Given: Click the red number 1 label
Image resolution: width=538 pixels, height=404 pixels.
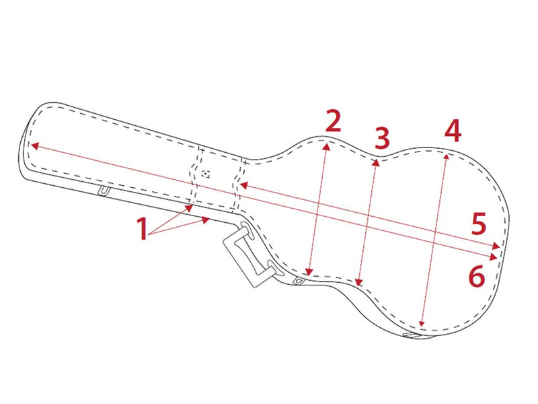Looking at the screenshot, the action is click(142, 228).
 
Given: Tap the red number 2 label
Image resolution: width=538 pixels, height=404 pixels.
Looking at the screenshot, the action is click(333, 121).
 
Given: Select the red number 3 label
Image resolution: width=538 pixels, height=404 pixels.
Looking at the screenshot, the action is click(382, 138).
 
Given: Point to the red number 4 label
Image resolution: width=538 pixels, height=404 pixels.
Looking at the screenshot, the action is click(453, 131).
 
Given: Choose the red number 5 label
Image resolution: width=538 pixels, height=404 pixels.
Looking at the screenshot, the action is click(479, 224).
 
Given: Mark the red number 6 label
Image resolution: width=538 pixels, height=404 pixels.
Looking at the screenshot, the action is click(477, 275).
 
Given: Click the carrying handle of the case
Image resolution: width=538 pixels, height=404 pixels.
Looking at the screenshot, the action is click(248, 254).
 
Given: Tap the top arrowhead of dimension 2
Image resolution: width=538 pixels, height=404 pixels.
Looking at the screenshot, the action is click(327, 147).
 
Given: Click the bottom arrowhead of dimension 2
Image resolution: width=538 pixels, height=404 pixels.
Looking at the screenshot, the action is click(309, 272).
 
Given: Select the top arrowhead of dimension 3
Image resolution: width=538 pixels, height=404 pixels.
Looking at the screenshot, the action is click(377, 162).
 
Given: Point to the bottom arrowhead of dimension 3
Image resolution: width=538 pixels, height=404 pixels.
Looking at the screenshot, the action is click(358, 282).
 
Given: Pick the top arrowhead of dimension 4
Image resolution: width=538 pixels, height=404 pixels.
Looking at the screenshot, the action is click(446, 157).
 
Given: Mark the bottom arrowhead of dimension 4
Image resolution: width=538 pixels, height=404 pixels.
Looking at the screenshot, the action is click(422, 323).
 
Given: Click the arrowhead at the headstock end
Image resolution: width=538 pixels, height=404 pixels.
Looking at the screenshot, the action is click(35, 145).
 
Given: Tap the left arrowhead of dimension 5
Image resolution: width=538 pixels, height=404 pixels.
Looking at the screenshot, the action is click(244, 186).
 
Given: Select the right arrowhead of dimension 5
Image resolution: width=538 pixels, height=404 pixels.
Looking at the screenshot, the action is click(496, 246).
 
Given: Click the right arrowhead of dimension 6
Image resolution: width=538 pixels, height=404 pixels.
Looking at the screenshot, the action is click(494, 257).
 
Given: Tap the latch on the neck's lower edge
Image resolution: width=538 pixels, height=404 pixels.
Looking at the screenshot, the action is click(104, 191).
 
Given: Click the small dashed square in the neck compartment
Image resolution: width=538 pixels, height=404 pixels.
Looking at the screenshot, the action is click(206, 174).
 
